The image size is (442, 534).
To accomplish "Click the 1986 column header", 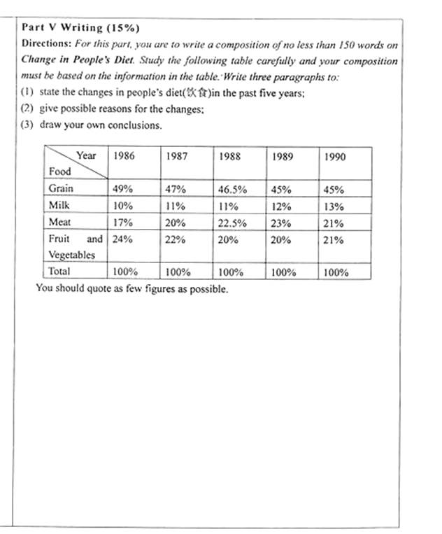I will coord(123,157).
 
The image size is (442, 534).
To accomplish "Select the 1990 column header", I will coord(335,157).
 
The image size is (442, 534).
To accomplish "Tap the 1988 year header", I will coord(229,157).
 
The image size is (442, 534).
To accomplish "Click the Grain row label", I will coord(61,188).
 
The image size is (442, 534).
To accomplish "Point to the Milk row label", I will coord(59,206).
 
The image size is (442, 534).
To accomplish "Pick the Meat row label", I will coord(59,223).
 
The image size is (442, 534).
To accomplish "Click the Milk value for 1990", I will coord(334,206).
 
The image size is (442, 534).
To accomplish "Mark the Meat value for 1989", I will coord(283,223).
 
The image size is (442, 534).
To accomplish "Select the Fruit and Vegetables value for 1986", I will coord(122,239).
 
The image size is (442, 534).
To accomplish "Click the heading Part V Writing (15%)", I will coord(80,28).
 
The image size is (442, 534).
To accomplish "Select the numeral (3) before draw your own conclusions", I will coord(28,126).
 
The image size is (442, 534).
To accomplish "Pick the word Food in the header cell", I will coord(60,172).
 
